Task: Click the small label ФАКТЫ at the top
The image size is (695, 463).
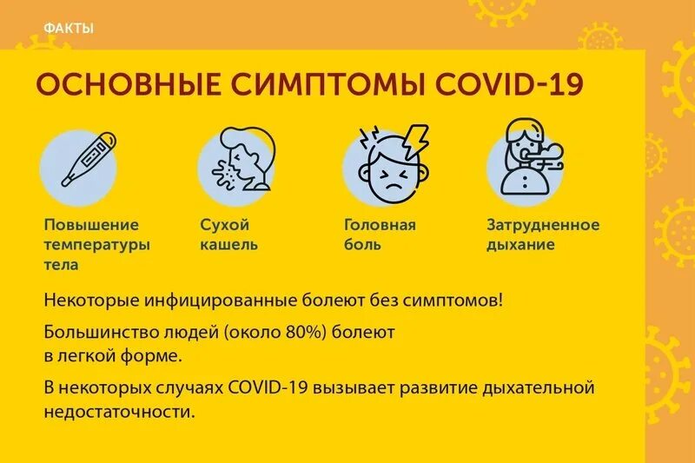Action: coord(68,29)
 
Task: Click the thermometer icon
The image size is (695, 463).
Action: coord(88,161)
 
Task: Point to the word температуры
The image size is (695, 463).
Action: coord(96,244)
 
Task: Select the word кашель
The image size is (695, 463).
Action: coord(228,244)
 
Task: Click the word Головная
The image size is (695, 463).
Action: coord(380,225)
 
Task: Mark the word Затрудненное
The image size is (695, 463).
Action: coord(542,225)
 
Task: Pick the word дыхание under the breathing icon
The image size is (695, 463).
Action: coord(520,244)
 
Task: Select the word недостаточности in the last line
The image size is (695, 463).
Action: coord(119,409)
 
